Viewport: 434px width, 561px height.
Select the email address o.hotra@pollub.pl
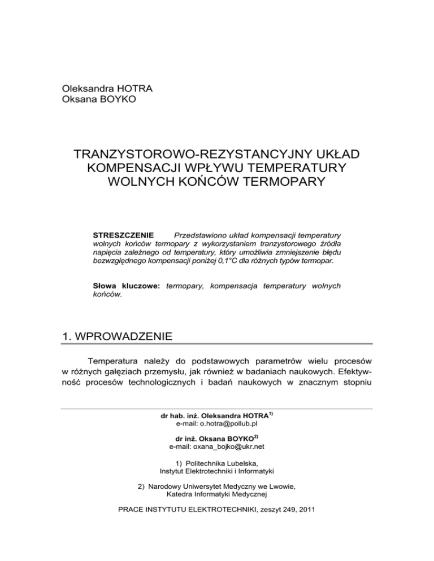(x=216, y=424)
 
